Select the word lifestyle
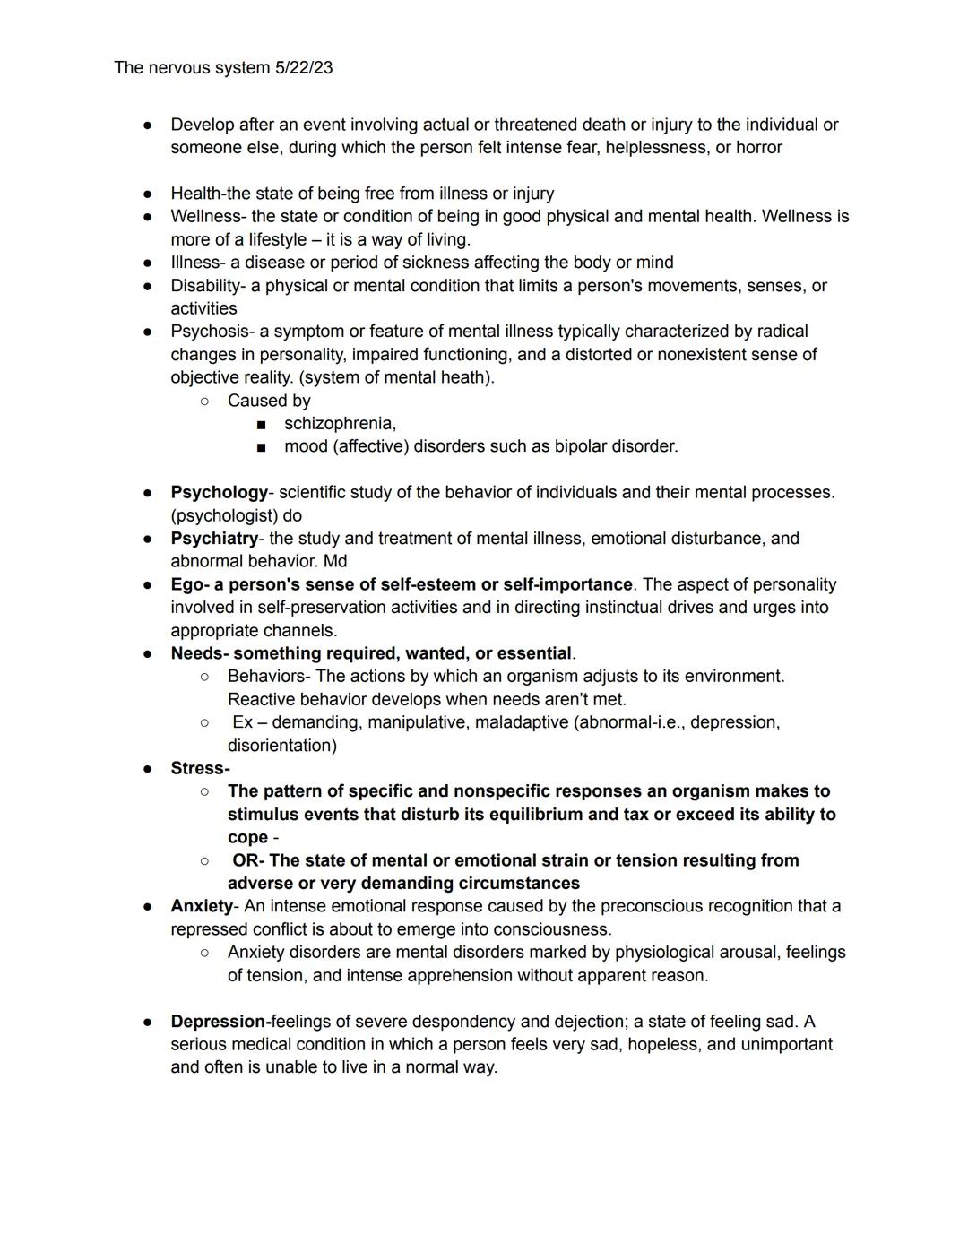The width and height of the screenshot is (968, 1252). (277, 240)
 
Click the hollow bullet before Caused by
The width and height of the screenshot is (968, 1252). (205, 401)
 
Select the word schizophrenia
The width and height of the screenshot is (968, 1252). (339, 424)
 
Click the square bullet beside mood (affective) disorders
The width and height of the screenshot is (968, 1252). (261, 446)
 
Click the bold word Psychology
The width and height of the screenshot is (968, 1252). (219, 493)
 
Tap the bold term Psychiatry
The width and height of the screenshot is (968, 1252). (214, 539)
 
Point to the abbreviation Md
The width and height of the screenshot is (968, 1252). (335, 562)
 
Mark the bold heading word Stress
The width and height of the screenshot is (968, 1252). (198, 769)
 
